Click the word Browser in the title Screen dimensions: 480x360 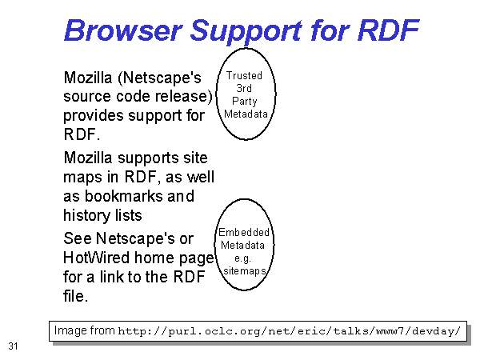[x=123, y=30]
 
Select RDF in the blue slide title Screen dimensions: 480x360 [x=388, y=30]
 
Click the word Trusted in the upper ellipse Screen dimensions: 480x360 [x=244, y=75]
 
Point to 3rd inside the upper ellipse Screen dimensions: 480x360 [x=244, y=88]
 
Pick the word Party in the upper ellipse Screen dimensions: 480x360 [x=245, y=102]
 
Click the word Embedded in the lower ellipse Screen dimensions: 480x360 [x=244, y=232]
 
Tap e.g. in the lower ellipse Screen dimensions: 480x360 [x=242, y=258]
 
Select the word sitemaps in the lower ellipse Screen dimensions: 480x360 [x=245, y=271]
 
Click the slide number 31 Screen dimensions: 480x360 [x=13, y=346]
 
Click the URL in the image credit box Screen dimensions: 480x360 [x=289, y=331]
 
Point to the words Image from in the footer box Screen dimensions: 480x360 [x=85, y=330]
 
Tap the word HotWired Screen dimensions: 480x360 [x=97, y=258]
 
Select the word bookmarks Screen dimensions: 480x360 [x=124, y=196]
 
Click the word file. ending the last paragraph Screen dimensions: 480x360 [x=76, y=296]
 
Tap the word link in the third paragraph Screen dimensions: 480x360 [x=111, y=277]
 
